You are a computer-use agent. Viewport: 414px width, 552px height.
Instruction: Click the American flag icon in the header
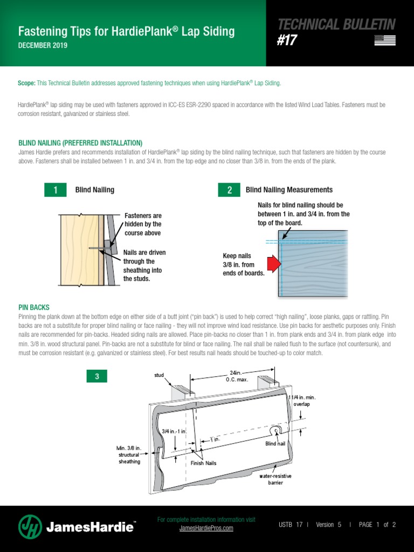coord(384,40)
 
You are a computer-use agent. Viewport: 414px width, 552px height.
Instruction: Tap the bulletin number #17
coord(287,41)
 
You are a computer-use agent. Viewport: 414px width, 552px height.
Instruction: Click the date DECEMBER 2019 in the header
coord(43,46)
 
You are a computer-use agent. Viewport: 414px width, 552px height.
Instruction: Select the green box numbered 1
coord(55,190)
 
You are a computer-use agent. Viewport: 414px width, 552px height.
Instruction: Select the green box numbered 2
coord(229,190)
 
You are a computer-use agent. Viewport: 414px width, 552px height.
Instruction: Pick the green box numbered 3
coord(97,377)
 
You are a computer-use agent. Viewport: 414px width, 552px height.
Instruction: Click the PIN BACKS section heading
coord(33,307)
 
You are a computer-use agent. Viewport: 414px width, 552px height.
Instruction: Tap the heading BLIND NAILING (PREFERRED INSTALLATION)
coord(80,143)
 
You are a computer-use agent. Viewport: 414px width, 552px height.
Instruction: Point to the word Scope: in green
coord(26,84)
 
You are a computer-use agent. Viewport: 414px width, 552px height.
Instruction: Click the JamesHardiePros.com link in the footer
coord(206,528)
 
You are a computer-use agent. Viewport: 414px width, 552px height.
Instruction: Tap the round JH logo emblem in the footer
coord(30,527)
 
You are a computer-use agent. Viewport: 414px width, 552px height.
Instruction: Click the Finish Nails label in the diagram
coord(203,463)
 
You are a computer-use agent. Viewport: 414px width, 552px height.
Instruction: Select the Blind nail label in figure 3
coord(274,443)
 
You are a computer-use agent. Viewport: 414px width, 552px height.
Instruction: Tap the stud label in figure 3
coord(158,374)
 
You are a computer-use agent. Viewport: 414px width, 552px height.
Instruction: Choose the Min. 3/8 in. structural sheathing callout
coord(129,454)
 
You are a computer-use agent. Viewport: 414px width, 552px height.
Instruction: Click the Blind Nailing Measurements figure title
coord(289,190)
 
